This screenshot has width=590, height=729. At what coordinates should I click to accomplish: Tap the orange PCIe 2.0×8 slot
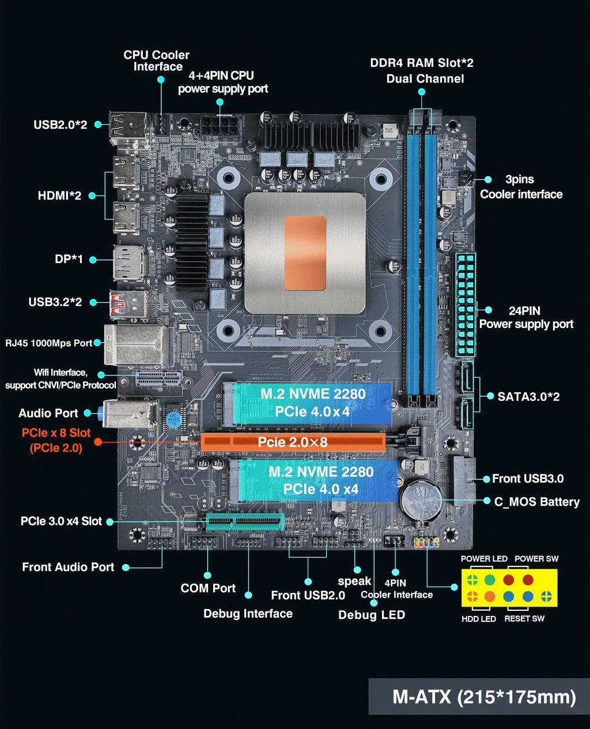(x=293, y=442)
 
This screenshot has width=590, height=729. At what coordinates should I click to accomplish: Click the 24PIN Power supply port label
(x=525, y=318)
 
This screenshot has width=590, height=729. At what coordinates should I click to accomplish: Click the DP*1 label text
(x=69, y=259)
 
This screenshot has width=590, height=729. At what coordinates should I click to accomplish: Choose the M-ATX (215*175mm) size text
(x=483, y=697)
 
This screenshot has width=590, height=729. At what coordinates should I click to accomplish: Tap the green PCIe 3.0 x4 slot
(x=245, y=523)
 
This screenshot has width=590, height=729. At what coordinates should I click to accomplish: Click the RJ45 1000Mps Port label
(x=49, y=343)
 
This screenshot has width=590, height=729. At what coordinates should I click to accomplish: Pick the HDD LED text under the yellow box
(x=478, y=619)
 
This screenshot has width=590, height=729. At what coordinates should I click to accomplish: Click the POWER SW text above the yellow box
(x=536, y=558)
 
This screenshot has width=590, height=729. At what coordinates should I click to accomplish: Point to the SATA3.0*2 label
(x=528, y=397)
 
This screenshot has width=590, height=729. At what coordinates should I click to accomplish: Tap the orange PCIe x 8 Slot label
(x=56, y=440)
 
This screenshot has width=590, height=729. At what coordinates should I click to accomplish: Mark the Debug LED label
(x=371, y=615)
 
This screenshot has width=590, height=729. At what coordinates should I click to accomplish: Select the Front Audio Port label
(x=68, y=568)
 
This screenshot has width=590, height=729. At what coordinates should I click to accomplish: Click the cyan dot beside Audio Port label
(x=88, y=413)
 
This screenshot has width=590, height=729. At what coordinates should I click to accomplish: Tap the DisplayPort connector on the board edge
(x=128, y=263)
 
